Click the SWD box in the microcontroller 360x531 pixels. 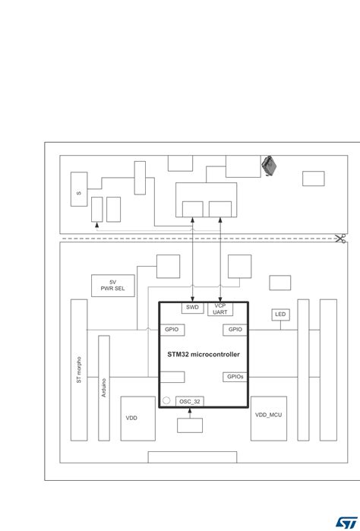tap(192, 308)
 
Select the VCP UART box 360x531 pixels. tap(220, 308)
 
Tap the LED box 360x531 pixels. tap(281, 314)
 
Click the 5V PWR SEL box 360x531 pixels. tap(107, 286)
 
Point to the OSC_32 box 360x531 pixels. tap(190, 401)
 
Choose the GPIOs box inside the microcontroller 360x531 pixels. tap(235, 377)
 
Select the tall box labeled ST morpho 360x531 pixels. tap(79, 369)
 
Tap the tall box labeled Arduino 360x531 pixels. tap(104, 387)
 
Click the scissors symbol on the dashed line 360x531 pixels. tap(339, 239)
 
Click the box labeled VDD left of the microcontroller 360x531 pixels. tap(137, 418)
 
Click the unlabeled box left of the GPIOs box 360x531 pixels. tap(172, 377)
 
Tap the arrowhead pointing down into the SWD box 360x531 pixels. tap(193, 298)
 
